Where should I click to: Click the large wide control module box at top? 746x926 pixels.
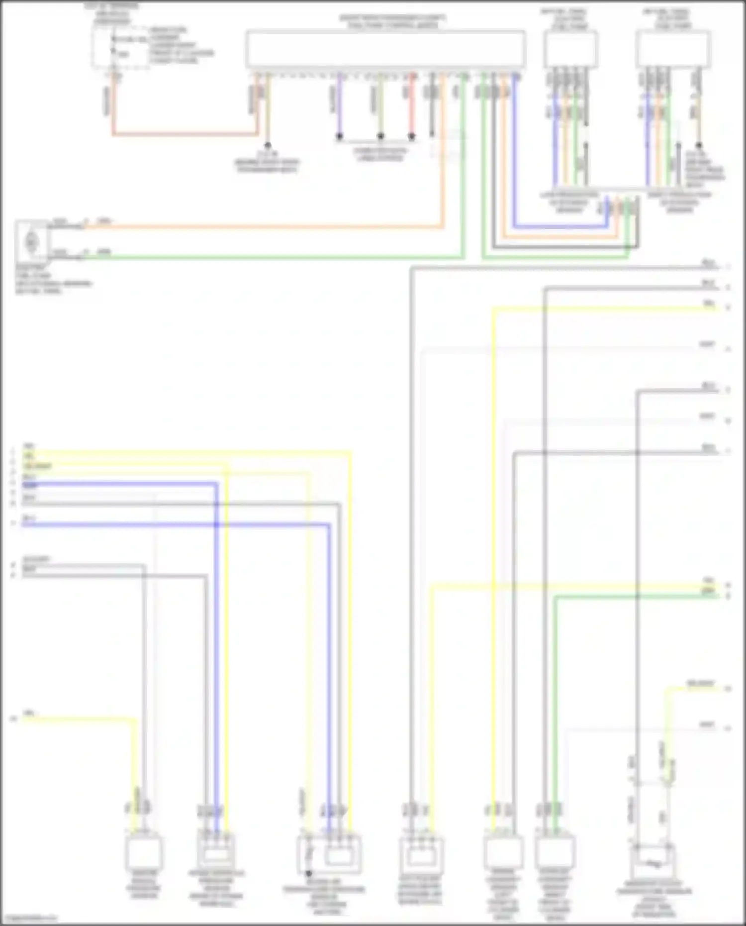385,48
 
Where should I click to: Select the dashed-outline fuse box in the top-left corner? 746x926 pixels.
120,48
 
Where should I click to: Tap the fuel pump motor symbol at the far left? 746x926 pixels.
31,242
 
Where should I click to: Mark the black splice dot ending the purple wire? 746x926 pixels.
340,136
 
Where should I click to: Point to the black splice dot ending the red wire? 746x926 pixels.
412,136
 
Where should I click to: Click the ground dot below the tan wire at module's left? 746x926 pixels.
268,145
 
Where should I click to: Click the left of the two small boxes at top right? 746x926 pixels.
570,49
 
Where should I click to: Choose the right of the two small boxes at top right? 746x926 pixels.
672,49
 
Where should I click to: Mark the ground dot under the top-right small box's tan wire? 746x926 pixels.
698,146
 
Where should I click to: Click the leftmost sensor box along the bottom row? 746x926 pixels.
144,852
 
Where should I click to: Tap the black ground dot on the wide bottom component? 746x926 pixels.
308,873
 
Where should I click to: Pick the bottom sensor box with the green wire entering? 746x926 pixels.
555,852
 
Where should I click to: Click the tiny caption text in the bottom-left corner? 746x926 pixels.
29,918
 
